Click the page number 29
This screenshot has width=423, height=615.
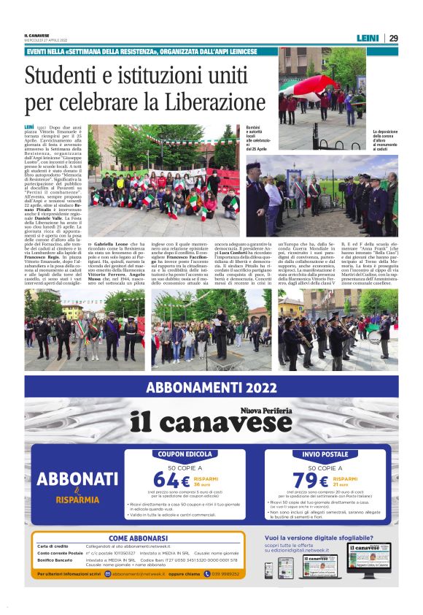(x=393, y=38)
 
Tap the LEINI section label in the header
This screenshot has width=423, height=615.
(x=368, y=38)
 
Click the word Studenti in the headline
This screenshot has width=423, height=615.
(x=63, y=77)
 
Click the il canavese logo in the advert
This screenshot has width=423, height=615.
(x=211, y=421)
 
